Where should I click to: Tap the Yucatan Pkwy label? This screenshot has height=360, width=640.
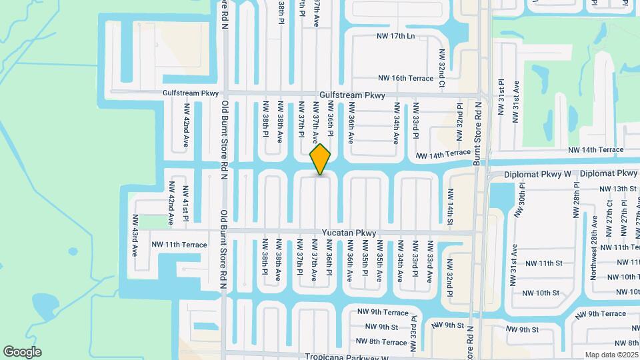pos(349,233)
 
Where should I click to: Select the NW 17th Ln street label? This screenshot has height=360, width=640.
pos(395,35)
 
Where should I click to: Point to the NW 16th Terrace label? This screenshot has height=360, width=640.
pos(405,78)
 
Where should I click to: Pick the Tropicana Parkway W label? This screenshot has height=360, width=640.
pos(347,357)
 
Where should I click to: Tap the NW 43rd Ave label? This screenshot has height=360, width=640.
pos(135,235)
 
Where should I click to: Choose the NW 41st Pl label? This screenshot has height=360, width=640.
pos(186,204)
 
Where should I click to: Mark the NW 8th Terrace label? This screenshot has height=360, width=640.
pos(382,342)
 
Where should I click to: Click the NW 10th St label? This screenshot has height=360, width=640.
pos(541,293)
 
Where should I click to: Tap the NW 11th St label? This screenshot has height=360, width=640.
pos(543,263)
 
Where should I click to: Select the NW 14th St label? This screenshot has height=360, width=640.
pos(450,206)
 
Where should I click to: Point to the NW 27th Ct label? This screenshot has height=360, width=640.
pos(609,218)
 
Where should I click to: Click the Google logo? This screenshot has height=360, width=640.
pos(22,351)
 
